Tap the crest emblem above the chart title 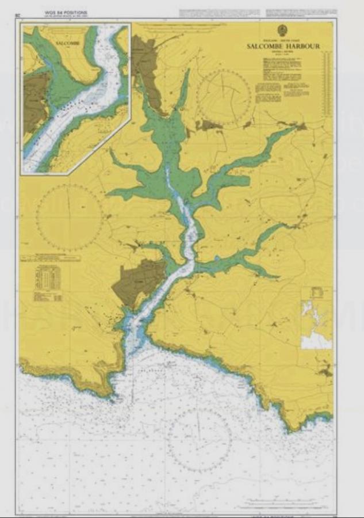pos(282,31)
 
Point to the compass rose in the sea pos(199,440)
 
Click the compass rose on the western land pos(69,218)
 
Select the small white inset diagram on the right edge pos(316,318)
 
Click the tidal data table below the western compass pos(48,283)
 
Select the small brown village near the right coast pos(325,372)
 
